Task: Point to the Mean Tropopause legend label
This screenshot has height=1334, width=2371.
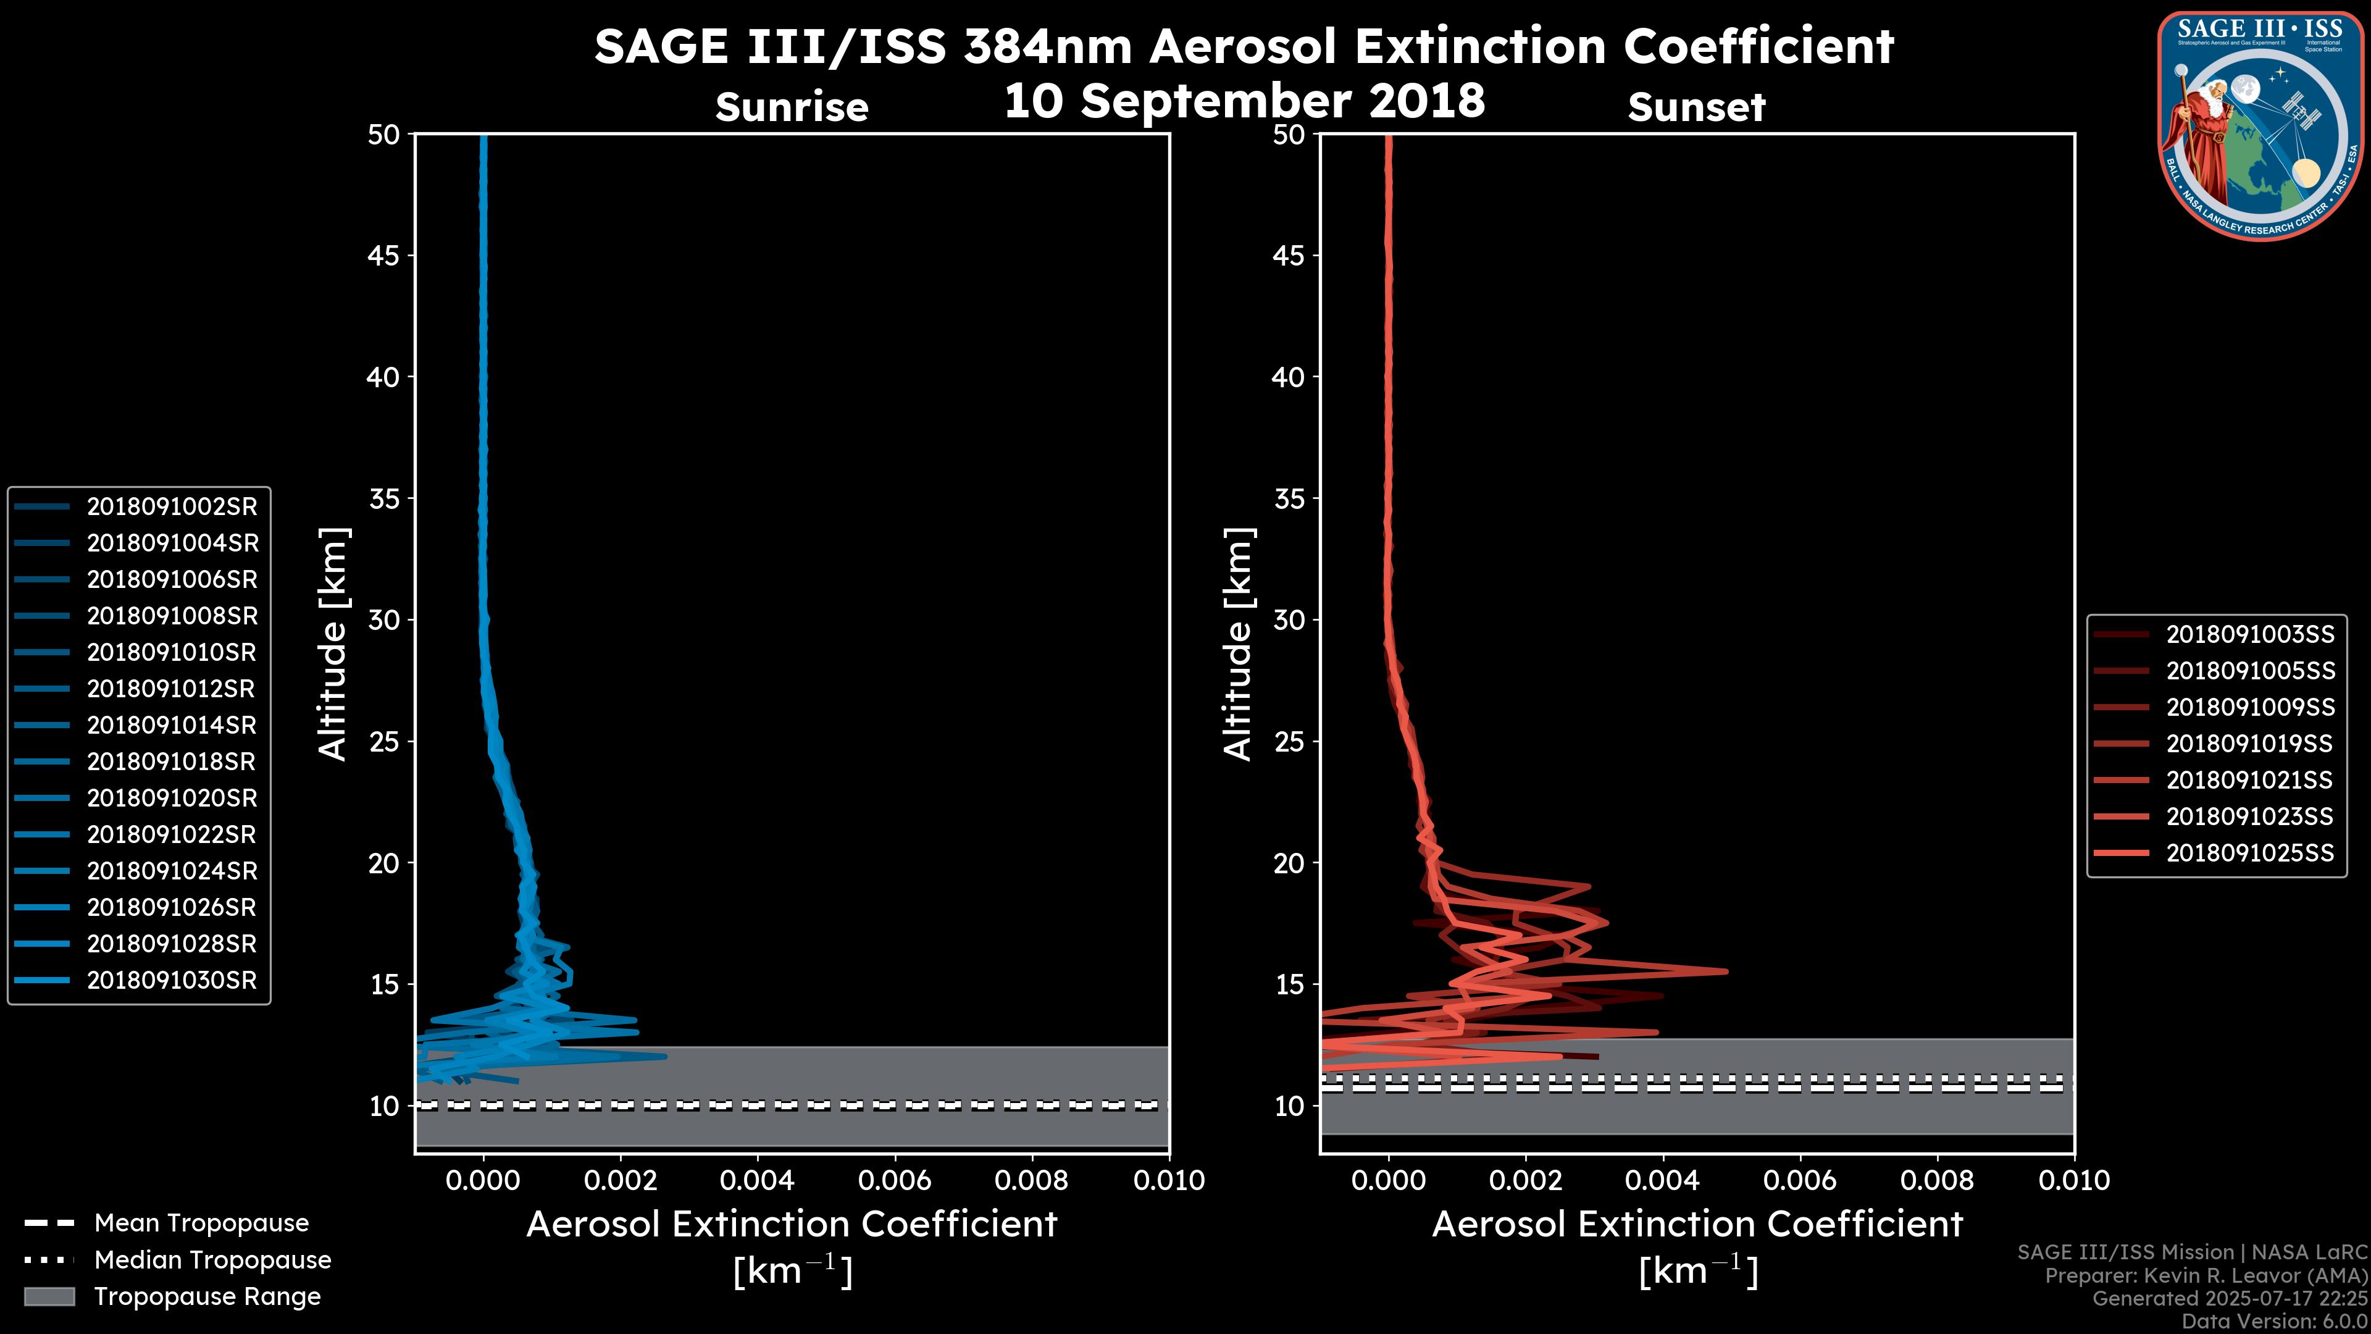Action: point(201,1223)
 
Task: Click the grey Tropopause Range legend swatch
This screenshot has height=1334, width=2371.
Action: point(49,1296)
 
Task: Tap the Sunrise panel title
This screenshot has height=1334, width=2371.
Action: point(792,107)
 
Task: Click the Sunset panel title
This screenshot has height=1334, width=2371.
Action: point(1696,107)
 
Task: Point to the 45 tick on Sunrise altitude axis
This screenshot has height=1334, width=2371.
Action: point(384,255)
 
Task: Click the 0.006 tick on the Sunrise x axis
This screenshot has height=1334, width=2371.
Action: point(895,1180)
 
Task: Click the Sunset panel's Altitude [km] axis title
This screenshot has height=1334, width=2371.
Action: point(1238,644)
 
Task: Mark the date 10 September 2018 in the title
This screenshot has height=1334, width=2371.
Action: point(1244,100)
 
